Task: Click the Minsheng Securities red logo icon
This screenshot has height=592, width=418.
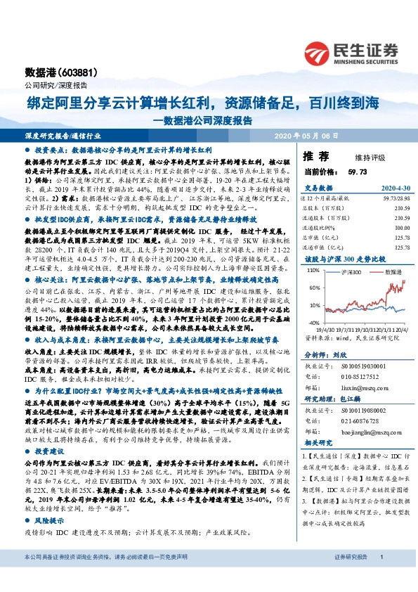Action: point(317,53)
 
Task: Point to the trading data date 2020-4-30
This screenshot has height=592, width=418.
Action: point(395,188)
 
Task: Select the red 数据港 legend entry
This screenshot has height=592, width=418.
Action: point(389,250)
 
